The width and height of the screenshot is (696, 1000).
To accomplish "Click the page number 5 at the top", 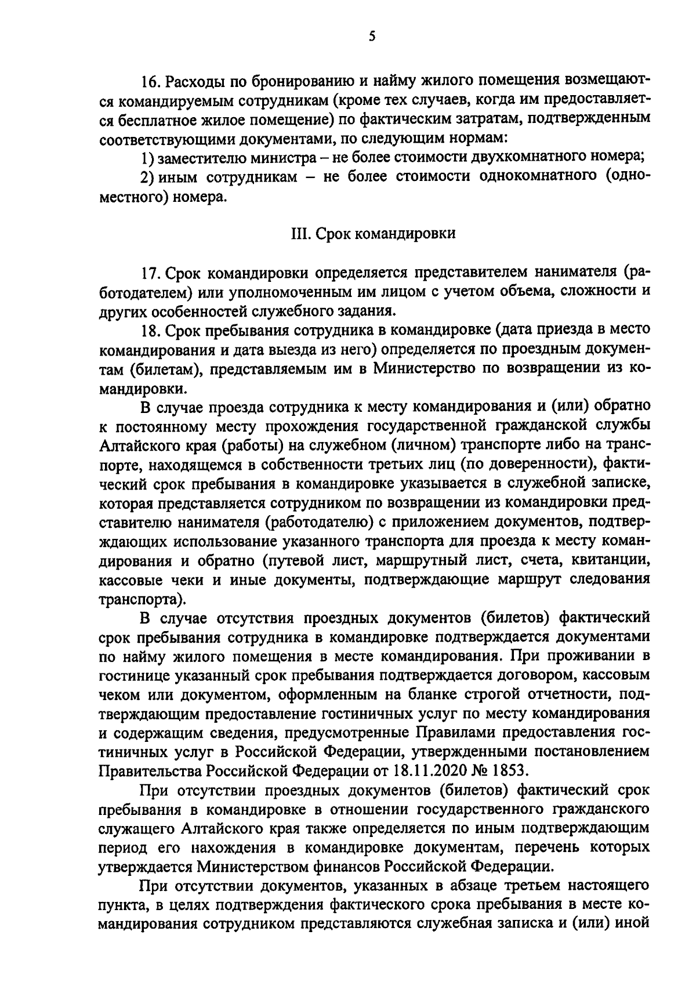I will click(x=372, y=37).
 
